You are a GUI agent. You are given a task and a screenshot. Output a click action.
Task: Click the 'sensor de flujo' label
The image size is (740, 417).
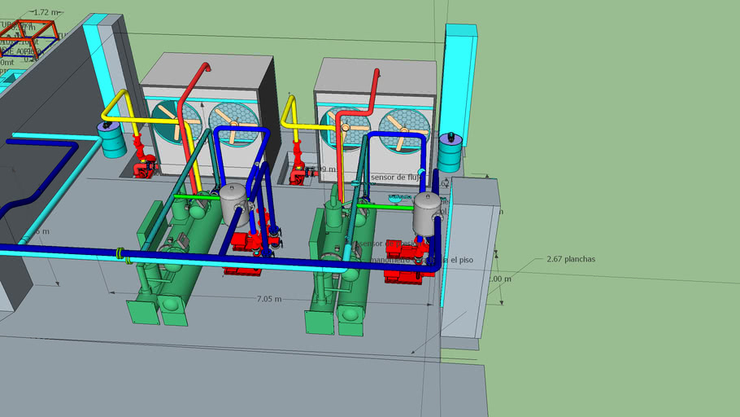click(x=397, y=177)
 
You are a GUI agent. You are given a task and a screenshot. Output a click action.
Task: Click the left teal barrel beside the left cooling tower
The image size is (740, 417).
click(x=112, y=139)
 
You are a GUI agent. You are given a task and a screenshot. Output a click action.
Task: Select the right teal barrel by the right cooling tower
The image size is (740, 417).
click(x=450, y=151)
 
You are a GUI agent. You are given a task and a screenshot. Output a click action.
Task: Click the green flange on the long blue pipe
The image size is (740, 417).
click(x=122, y=254)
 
